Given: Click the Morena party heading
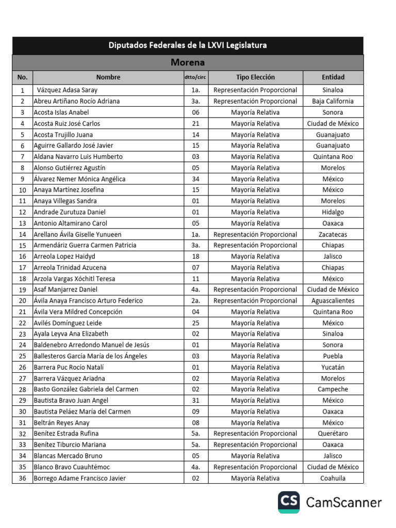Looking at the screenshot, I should (188, 63).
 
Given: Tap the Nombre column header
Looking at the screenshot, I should (108, 77).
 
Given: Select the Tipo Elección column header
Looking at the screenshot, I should (255, 77).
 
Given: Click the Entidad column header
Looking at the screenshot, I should (333, 77).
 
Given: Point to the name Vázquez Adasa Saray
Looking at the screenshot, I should (68, 90).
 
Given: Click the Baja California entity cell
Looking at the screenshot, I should (333, 101).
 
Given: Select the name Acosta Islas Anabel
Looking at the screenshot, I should (61, 112).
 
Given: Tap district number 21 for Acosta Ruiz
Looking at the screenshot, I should (195, 124).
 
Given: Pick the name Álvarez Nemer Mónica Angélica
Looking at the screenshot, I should (79, 179).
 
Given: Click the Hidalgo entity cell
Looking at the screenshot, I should (333, 212).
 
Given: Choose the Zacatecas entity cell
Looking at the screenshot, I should (333, 234).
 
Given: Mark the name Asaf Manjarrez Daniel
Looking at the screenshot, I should (65, 290).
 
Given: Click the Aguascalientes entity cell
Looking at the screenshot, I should (333, 301).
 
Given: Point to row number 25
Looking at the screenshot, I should (22, 356).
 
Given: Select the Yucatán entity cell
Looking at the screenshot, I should (333, 367).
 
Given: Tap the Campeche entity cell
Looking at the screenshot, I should (333, 389).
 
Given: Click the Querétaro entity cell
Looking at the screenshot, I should (333, 434).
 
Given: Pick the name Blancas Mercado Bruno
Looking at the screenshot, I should (68, 456).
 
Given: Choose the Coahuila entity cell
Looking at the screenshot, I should (333, 478).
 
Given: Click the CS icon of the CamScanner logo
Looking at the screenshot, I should (289, 502).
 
